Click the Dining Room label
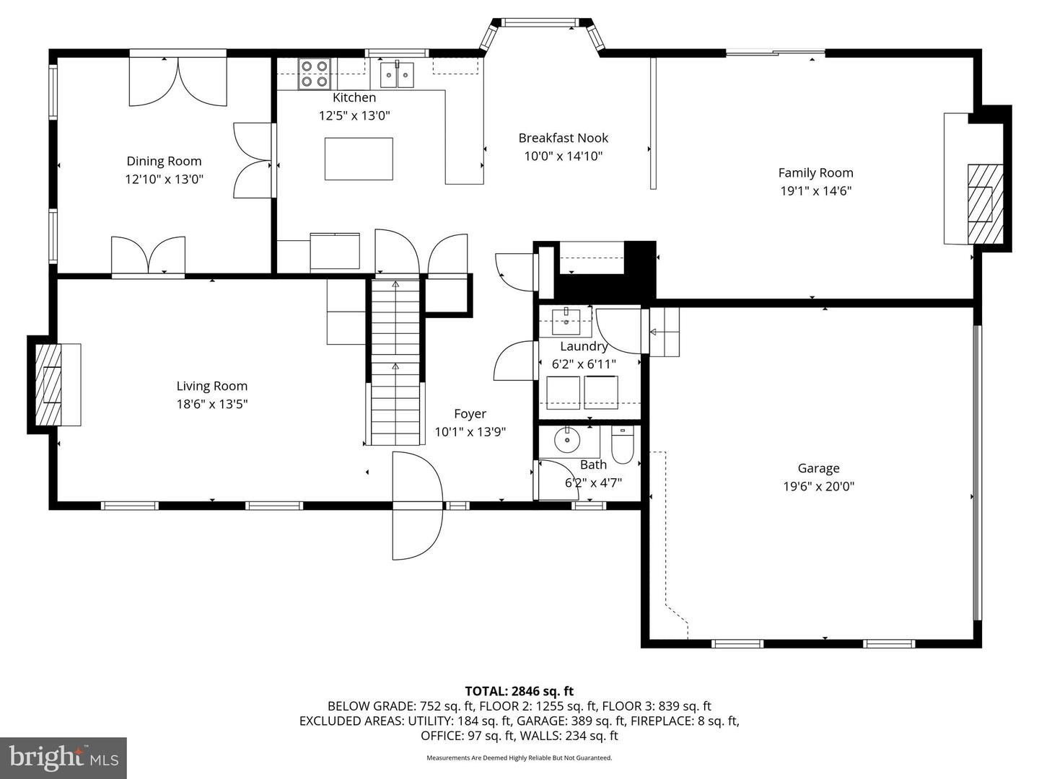pyautogui.click(x=164, y=161)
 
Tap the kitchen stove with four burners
pyautogui.click(x=314, y=74)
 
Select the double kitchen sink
pyautogui.click(x=397, y=74)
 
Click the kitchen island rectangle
pyautogui.click(x=359, y=159)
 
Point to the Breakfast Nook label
pyautogui.click(x=563, y=138)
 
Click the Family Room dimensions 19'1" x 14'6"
pyautogui.click(x=815, y=191)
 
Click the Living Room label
pyautogui.click(x=211, y=386)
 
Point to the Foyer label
pyautogui.click(x=470, y=413)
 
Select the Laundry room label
pyautogui.click(x=584, y=346)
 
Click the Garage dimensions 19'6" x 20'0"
pyautogui.click(x=818, y=487)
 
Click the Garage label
pyautogui.click(x=818, y=468)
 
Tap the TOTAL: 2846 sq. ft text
pyautogui.click(x=519, y=691)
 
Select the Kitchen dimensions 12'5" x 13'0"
pyautogui.click(x=354, y=115)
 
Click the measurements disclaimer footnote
pyautogui.click(x=519, y=758)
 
